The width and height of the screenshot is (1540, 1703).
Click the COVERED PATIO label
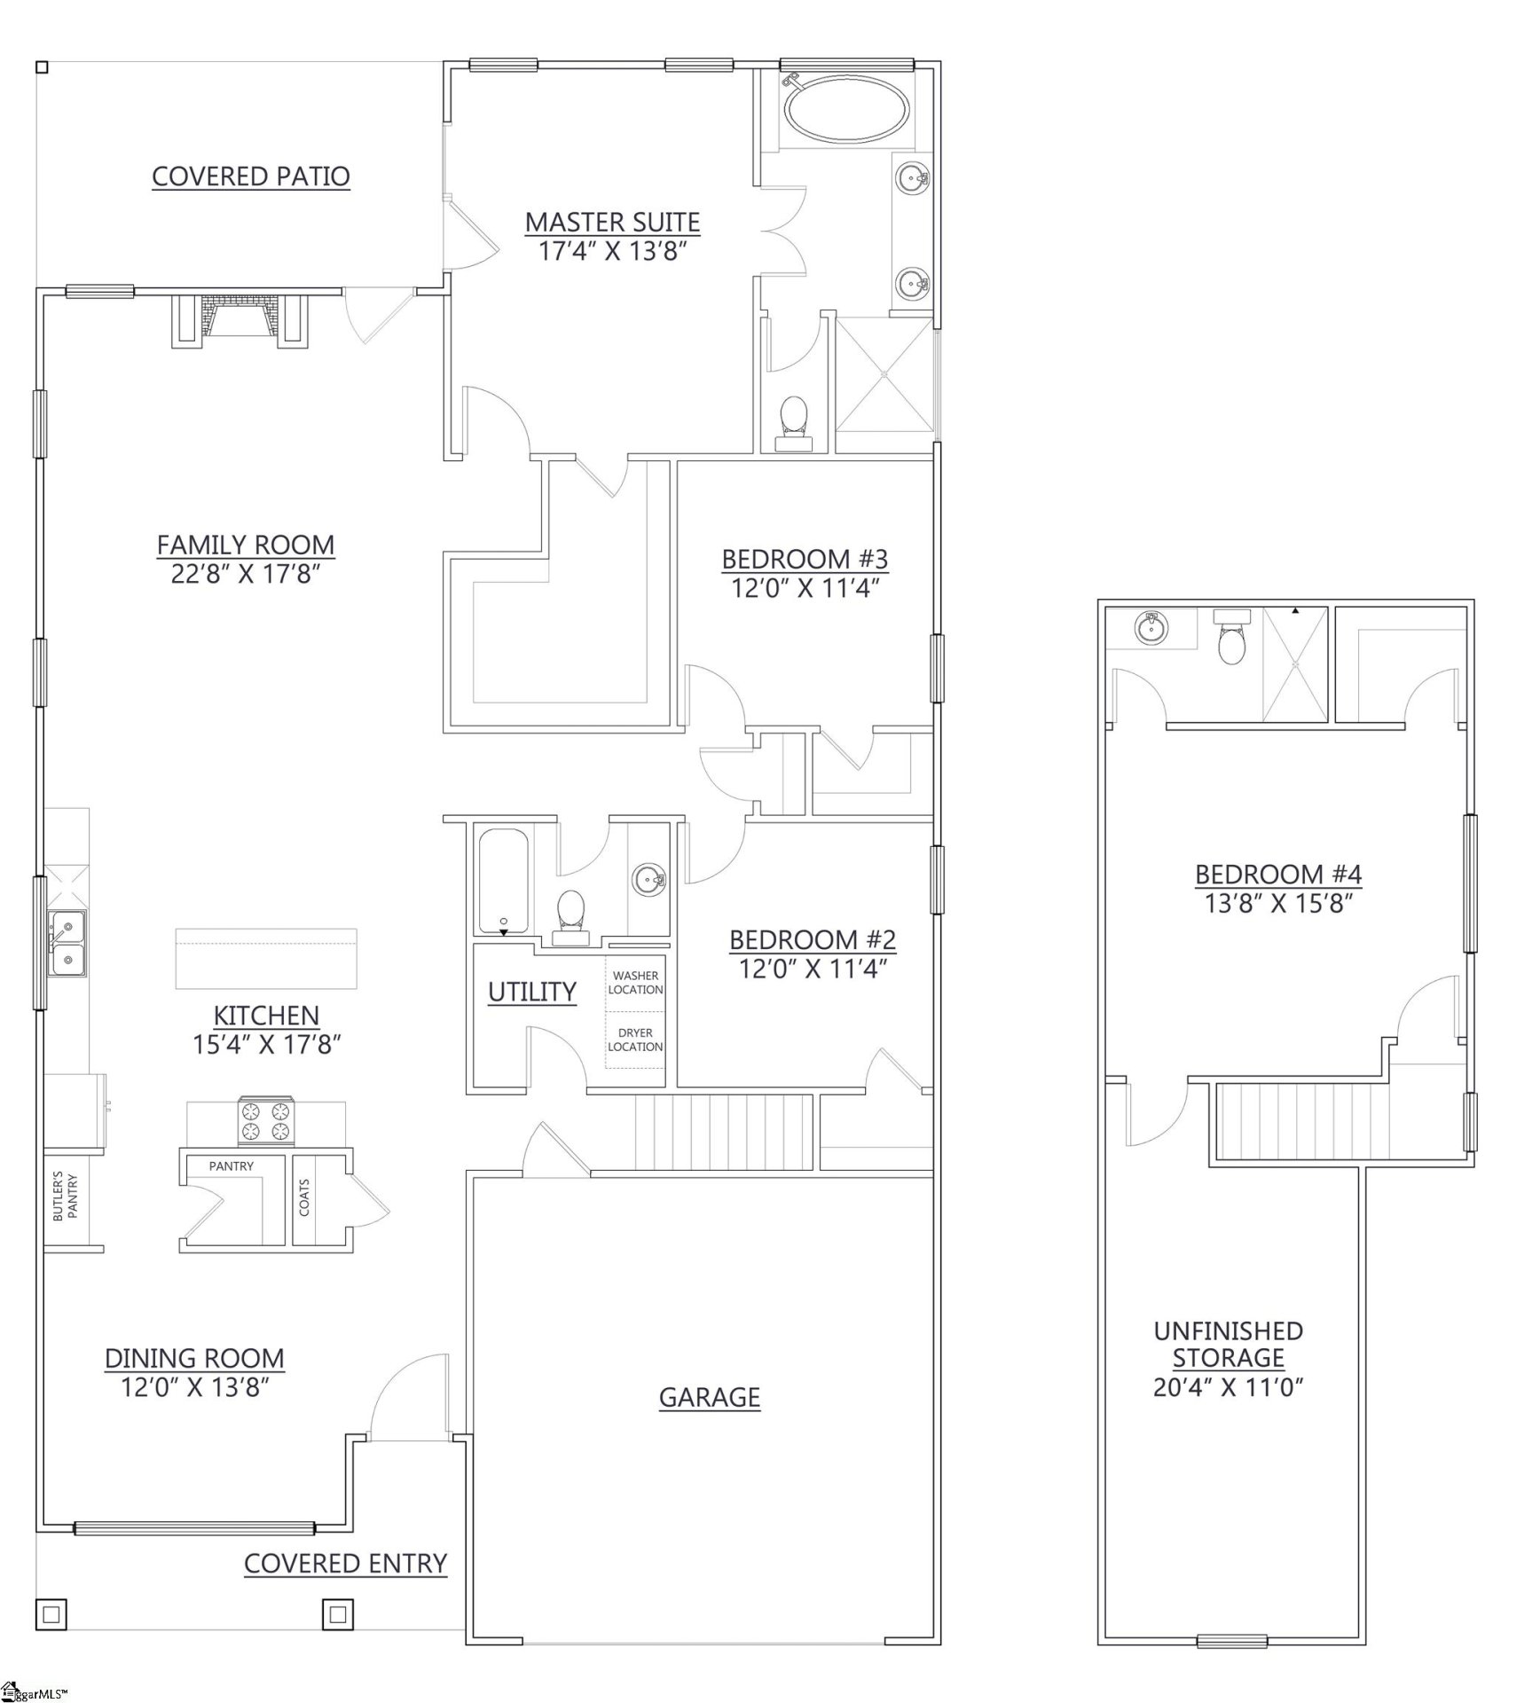251,177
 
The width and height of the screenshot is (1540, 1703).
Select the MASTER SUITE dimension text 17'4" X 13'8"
613,252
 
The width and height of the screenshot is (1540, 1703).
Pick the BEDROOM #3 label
805,559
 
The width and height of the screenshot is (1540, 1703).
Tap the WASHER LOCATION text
635,983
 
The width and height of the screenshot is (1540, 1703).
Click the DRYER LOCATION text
635,1040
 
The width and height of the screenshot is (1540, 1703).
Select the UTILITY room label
532,992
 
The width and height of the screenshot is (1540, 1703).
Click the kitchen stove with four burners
265,1122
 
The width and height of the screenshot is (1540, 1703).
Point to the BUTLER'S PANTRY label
66,1197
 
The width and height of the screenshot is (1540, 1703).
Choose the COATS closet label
304,1197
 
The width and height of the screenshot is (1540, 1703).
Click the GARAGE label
709,1398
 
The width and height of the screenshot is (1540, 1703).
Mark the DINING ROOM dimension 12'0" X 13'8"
195,1387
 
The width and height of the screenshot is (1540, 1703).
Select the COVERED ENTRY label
345,1563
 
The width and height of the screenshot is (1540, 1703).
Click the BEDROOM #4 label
1277,875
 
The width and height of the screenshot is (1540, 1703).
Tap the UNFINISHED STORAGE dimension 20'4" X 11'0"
1228,1387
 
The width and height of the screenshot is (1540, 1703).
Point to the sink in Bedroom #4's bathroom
1151,629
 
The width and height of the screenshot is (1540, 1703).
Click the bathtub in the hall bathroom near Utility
503,881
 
